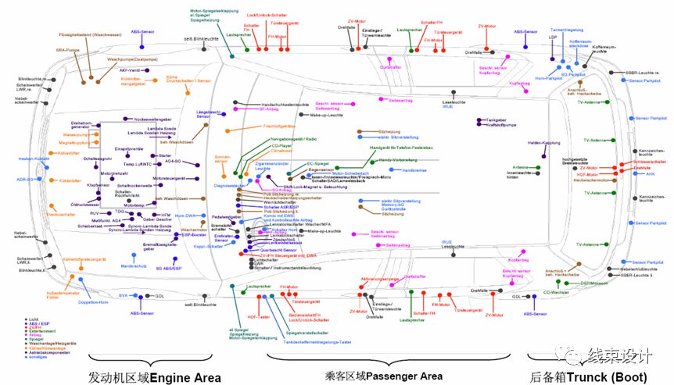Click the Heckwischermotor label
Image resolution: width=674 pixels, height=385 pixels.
[593, 180]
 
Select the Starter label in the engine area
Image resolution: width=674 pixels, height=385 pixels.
[166, 155]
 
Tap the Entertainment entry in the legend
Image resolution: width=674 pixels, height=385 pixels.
[28, 332]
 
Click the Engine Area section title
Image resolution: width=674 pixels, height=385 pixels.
[155, 376]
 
